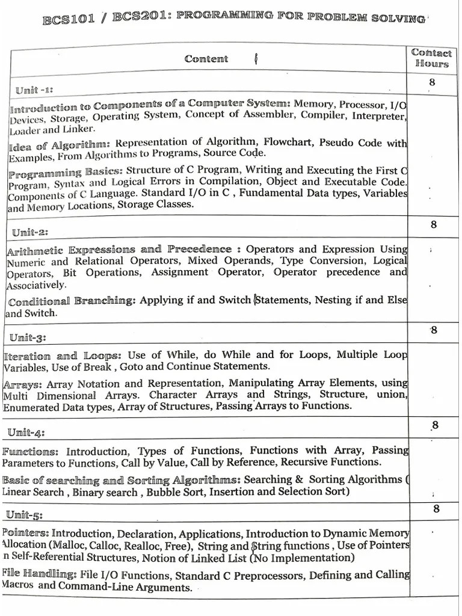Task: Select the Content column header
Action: tap(206, 59)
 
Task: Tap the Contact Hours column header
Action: tap(431, 58)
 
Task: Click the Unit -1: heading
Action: tap(34, 90)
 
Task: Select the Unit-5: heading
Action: tap(24, 514)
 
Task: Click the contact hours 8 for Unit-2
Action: tap(433, 225)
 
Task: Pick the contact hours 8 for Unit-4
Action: tap(434, 425)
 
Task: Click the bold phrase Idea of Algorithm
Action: tap(59, 145)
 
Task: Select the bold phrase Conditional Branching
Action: tap(72, 301)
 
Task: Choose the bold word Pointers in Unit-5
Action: tap(25, 533)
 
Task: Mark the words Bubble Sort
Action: tap(172, 491)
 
